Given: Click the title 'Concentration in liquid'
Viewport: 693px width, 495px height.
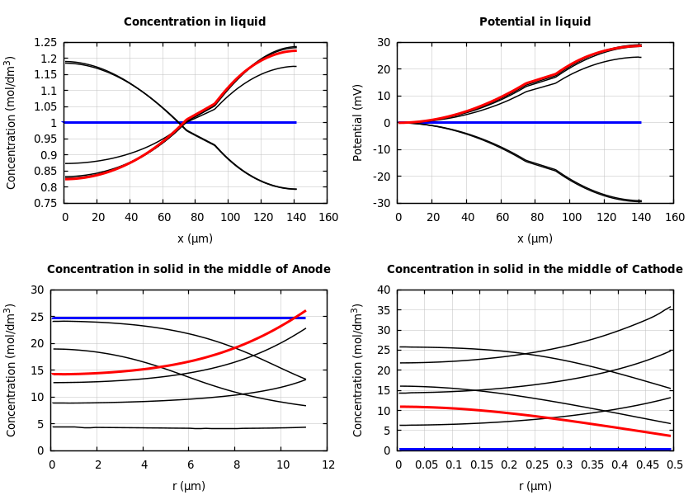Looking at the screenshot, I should point(195,22).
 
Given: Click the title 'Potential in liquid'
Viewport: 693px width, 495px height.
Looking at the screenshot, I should point(535,22).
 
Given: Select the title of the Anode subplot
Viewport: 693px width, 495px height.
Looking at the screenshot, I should point(188,270).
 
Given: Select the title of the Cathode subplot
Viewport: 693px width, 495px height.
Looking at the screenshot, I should point(535,270).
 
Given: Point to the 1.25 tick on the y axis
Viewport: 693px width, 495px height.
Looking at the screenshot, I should point(45,42).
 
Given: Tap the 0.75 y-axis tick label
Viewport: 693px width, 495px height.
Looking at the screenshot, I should point(45,203).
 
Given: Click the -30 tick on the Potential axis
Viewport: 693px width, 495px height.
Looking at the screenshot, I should point(382,203).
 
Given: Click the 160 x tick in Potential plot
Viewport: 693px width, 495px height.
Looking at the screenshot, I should point(674,217).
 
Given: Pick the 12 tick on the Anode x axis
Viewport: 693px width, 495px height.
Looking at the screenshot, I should point(328,464).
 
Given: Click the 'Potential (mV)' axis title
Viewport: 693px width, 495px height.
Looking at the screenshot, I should point(358,122).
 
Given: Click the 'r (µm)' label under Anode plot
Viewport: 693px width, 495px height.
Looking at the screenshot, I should point(189,486).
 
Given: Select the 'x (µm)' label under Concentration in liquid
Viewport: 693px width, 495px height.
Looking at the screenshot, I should point(195,238).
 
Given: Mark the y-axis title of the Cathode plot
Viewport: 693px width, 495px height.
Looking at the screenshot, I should point(358,370).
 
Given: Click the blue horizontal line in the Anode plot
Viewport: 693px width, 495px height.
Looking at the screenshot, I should point(165,318).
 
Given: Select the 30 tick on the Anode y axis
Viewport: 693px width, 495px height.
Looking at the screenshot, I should point(37,290).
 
